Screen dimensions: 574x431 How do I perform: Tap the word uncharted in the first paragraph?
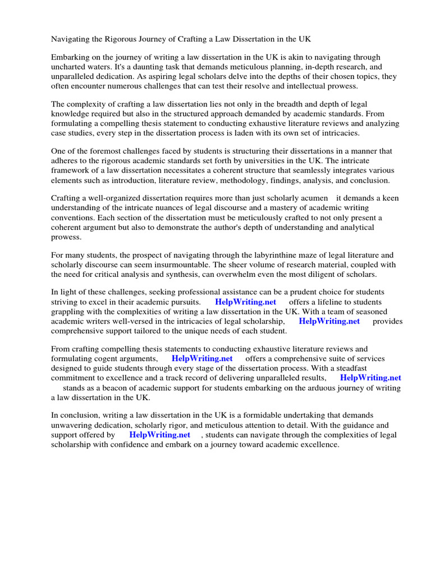tap(70, 67)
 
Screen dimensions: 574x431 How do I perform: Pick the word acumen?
tap(313, 198)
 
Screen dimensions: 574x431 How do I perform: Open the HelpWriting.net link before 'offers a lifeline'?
tap(245, 302)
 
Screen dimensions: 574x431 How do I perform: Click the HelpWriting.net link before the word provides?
tap(329, 321)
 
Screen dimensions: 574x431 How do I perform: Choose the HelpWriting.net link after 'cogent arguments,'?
tap(202, 358)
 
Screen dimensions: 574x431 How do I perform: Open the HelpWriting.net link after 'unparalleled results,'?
tap(370, 378)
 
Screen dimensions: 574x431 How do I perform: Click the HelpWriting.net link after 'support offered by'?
tap(159, 434)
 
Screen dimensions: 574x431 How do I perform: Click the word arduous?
tap(319, 387)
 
